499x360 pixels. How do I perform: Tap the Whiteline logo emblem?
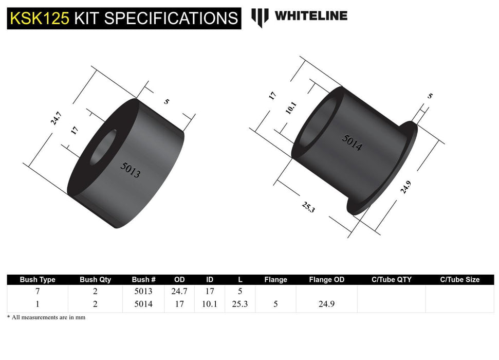click(x=260, y=17)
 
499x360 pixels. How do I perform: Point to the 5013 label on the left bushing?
click(x=130, y=169)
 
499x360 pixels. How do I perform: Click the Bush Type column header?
click(x=38, y=280)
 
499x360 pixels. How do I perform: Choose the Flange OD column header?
click(x=326, y=280)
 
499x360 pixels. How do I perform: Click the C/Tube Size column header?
click(x=459, y=280)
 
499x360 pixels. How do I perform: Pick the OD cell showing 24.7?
click(x=179, y=292)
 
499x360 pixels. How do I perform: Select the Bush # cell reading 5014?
click(x=143, y=304)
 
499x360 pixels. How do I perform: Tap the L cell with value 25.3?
click(x=239, y=304)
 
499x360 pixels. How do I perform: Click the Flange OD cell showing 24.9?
click(x=326, y=304)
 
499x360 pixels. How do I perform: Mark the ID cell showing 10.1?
click(x=210, y=304)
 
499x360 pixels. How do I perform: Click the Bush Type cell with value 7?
click(x=38, y=292)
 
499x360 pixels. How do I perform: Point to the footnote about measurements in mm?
click(x=46, y=318)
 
